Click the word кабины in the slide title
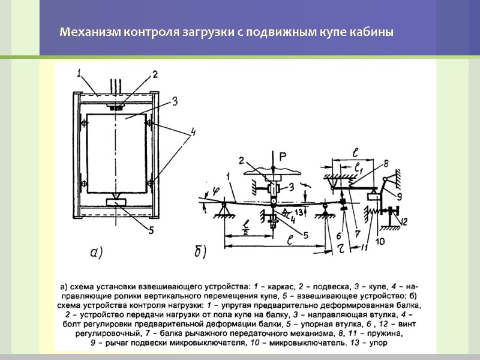pos(376,32)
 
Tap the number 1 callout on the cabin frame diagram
pos(79,74)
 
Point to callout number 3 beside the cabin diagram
pos(174,103)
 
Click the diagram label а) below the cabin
pos(97,253)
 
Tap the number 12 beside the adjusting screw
pos(403,221)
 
